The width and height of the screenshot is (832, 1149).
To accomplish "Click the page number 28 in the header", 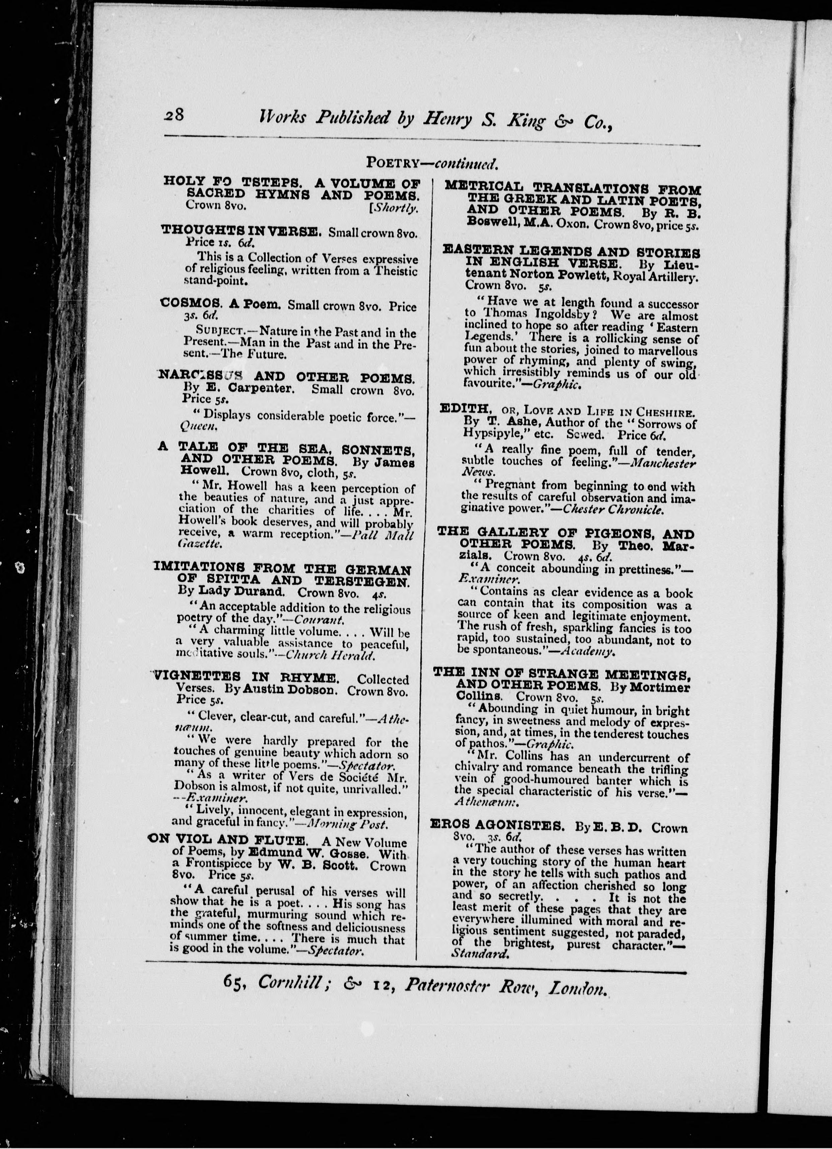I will point(175,115).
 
